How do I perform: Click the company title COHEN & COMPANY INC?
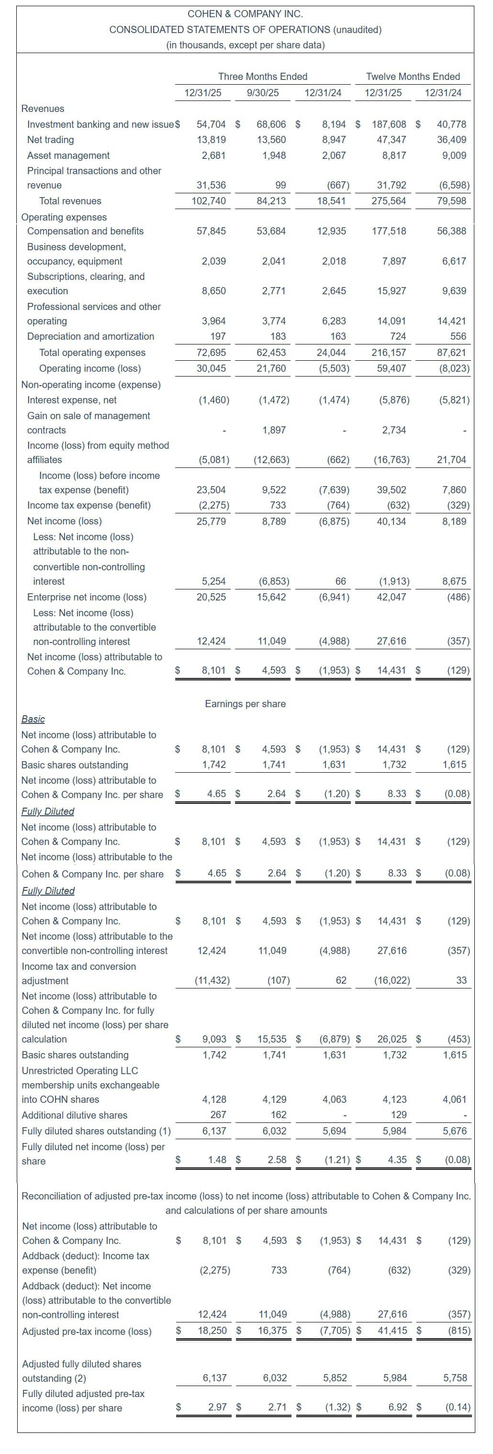245,13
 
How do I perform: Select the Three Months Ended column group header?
263,76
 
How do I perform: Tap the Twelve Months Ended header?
413,76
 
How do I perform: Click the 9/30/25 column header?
263,92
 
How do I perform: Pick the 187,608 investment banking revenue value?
389,124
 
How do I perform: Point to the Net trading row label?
50,139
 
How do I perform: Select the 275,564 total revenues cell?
389,200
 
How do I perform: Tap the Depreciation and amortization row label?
90,336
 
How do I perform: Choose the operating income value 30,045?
211,368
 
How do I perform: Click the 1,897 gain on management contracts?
274,430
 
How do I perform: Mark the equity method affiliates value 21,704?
451,459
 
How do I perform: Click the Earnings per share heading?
245,703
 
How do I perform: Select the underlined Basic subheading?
33,719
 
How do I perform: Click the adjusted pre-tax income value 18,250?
213,1331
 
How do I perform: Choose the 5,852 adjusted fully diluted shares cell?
335,1378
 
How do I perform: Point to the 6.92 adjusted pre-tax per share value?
398,1408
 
